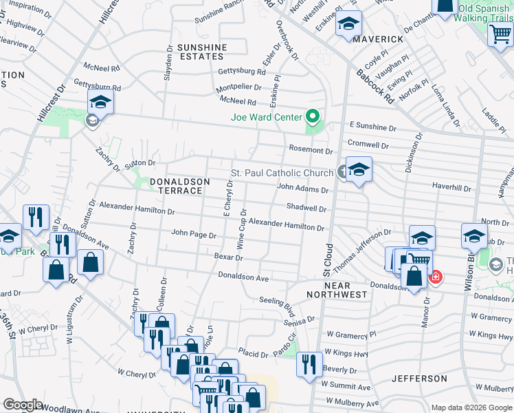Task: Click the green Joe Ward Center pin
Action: (313, 117)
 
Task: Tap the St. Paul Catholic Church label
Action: (282, 173)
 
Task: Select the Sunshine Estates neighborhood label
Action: (201, 52)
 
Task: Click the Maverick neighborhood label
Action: (378, 39)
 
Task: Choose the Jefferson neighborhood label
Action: (419, 379)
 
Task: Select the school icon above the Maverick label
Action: (348, 24)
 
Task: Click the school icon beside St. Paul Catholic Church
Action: (359, 169)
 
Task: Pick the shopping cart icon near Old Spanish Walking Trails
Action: (500, 34)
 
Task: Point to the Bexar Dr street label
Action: (229, 257)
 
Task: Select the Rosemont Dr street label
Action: (311, 151)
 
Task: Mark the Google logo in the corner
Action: (23, 404)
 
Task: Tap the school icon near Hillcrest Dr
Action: (101, 103)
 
